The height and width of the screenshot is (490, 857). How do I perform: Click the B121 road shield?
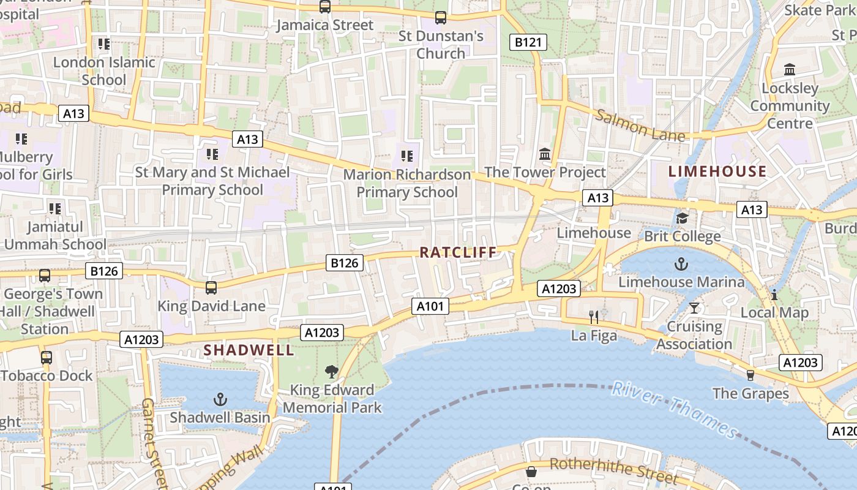pyautogui.click(x=528, y=42)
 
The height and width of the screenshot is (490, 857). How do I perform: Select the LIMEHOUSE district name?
pyautogui.click(x=717, y=171)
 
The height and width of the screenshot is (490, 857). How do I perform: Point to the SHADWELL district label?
pyautogui.click(x=249, y=350)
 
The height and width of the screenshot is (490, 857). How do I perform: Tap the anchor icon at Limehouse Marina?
pyautogui.click(x=681, y=265)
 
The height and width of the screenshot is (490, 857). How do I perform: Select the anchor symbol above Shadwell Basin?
pyautogui.click(x=220, y=400)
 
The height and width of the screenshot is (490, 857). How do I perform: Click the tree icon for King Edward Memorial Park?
pyautogui.click(x=332, y=371)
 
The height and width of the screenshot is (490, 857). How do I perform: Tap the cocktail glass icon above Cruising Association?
pyautogui.click(x=694, y=307)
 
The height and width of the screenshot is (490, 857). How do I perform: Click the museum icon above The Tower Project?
pyautogui.click(x=545, y=154)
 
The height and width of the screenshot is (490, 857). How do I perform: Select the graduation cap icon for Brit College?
pyautogui.click(x=682, y=218)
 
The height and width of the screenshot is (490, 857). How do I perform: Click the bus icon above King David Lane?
pyautogui.click(x=211, y=287)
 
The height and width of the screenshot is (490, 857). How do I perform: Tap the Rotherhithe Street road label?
pyautogui.click(x=613, y=470)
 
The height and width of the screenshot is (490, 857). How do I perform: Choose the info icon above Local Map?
pyautogui.click(x=774, y=295)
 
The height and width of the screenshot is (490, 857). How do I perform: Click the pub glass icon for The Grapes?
pyautogui.click(x=750, y=375)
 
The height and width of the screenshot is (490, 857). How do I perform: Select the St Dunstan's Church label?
pyautogui.click(x=441, y=45)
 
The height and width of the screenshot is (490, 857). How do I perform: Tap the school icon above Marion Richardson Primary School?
pyautogui.click(x=406, y=156)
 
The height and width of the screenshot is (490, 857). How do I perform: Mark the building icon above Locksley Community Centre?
pyautogui.click(x=790, y=70)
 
